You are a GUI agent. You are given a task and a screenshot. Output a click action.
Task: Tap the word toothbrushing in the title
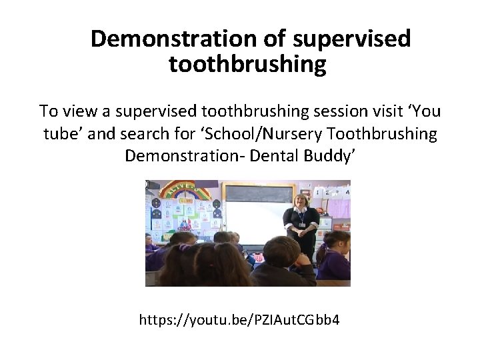click(248, 65)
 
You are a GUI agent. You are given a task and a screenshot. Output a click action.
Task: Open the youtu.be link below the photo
click(239, 320)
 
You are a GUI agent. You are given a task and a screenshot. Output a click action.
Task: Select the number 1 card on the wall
click(318, 193)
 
